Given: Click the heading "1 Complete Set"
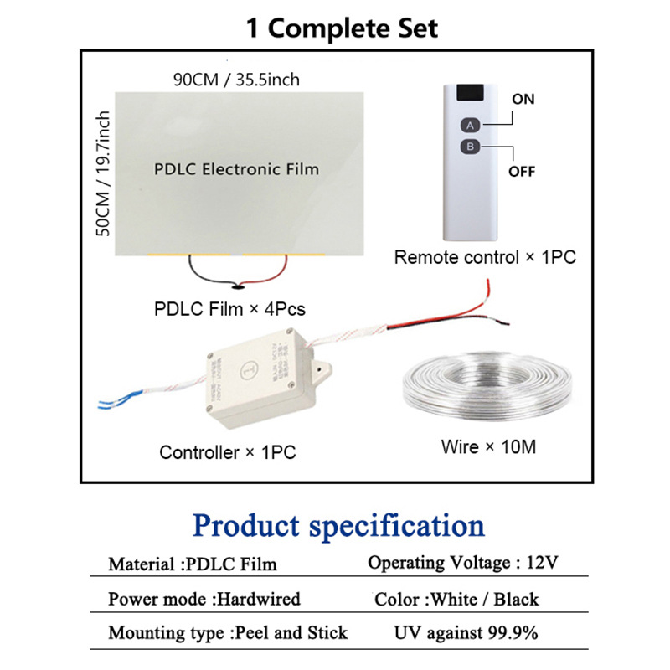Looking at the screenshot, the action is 341,28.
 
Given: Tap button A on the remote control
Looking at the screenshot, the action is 471,125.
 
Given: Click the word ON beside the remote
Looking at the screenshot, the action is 523,99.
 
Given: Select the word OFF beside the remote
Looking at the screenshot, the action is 522,173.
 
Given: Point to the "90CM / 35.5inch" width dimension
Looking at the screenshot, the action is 235,80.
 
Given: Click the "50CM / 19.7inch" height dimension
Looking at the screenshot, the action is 104,173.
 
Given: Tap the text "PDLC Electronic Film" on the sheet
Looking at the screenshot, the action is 237,169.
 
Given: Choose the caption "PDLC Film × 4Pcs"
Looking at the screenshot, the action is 229,309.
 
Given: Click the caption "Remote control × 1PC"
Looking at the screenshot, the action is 485,258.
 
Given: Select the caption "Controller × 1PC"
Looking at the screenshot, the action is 228,453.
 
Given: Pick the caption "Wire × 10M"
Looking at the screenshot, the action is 488,447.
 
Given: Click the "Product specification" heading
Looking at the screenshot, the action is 338,526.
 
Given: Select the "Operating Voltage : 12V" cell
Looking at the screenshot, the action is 463,563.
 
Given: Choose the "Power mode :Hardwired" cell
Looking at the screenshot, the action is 204,599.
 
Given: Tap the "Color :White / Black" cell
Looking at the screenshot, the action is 456,599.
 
